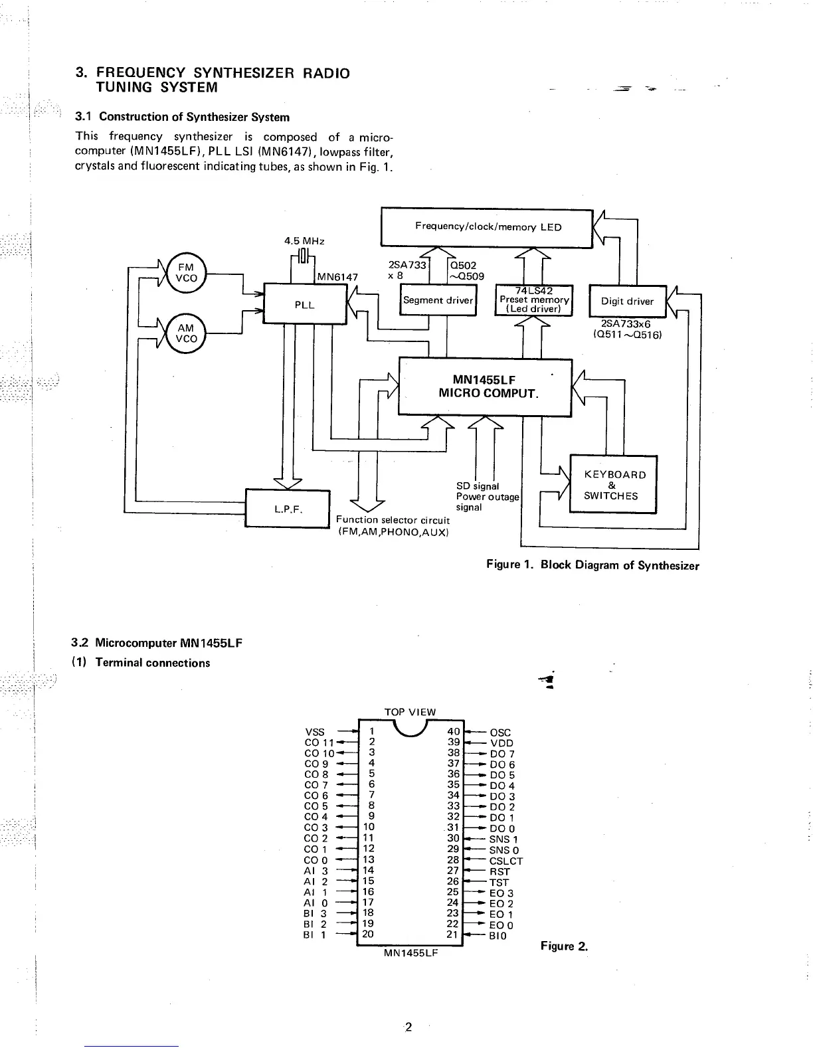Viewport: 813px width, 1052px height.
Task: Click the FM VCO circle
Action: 186,273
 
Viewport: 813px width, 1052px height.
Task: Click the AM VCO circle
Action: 186,333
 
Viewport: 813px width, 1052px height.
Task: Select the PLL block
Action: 305,304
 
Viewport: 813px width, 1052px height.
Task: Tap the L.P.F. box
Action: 288,509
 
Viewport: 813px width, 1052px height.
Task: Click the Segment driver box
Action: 438,300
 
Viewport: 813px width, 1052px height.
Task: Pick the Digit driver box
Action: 627,301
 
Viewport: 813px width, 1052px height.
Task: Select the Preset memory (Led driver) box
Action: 534,300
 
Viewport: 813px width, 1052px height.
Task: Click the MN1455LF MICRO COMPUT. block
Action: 485,387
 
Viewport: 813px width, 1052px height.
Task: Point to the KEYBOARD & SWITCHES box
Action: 614,485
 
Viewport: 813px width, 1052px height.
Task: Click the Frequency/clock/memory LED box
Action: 488,227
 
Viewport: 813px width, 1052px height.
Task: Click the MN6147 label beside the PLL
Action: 337,276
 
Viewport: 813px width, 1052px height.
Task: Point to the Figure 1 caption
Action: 592,565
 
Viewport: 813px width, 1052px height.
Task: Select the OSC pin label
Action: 500,733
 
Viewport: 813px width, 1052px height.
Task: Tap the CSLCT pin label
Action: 506,861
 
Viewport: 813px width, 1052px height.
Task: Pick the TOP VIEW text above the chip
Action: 410,712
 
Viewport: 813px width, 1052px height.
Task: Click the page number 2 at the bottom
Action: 408,1027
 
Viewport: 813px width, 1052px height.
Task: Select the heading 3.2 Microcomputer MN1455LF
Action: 157,643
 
